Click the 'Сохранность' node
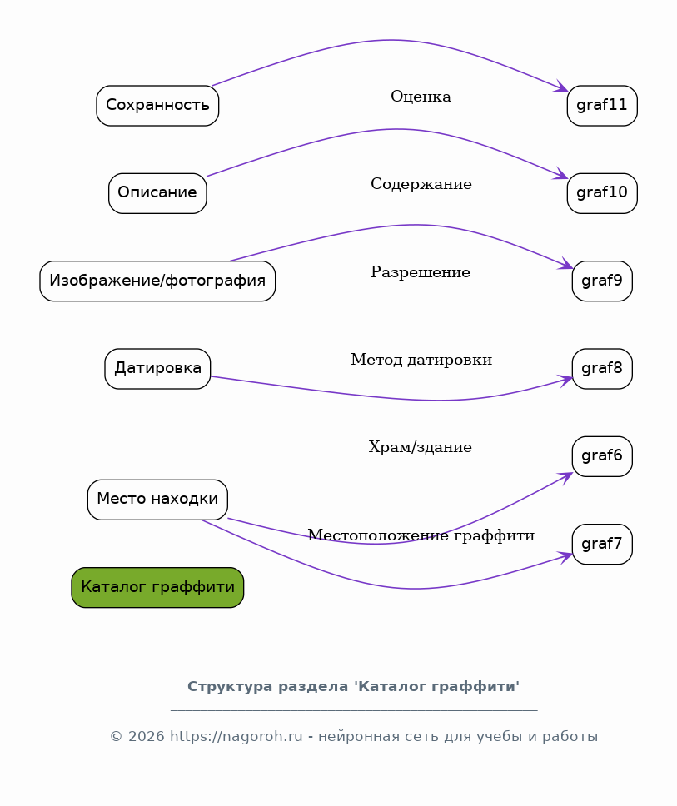coord(157,106)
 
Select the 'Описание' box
coord(157,193)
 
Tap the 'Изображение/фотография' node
coord(157,281)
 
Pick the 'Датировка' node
coord(157,369)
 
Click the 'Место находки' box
coord(157,500)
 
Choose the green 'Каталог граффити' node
coord(157,588)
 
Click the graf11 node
coord(602,106)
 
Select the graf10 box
coord(602,193)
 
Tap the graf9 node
coord(602,281)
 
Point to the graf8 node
coord(602,369)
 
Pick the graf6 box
coord(602,456)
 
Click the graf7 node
coord(602,545)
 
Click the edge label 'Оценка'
coord(421,97)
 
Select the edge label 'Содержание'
coord(421,184)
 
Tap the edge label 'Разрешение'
coord(421,272)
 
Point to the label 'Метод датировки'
coord(421,360)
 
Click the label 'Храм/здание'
coord(420,447)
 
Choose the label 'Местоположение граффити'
coord(421,535)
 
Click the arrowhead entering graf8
coord(566,380)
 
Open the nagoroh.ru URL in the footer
coord(236,737)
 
